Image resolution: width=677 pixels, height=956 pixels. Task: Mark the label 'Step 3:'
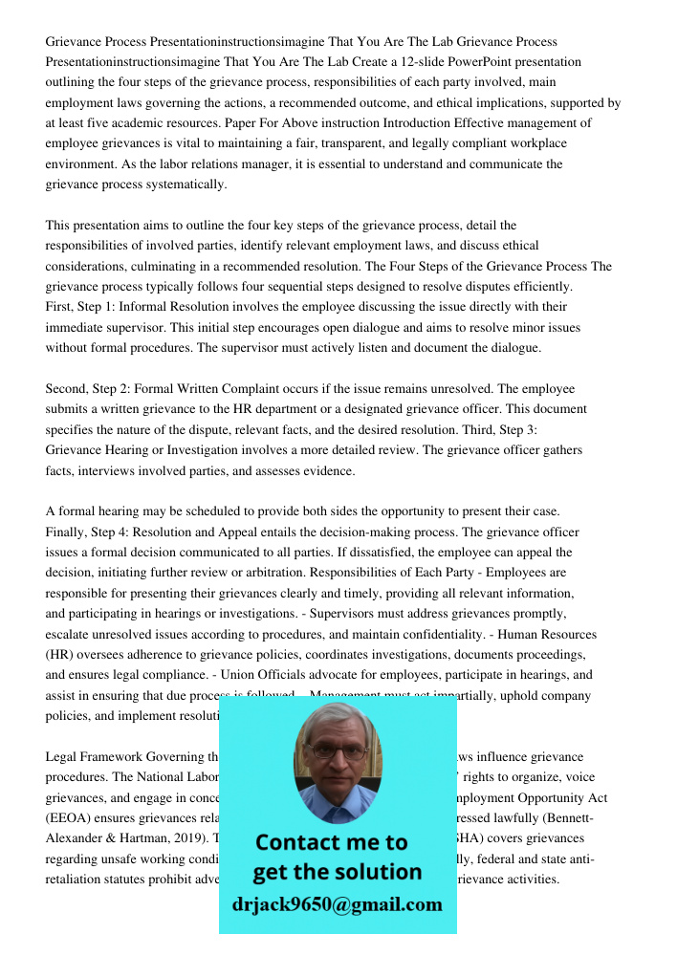point(515,429)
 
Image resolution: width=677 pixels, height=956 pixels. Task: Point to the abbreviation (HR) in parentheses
point(61,655)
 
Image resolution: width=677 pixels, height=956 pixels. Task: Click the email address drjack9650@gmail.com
point(338,904)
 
